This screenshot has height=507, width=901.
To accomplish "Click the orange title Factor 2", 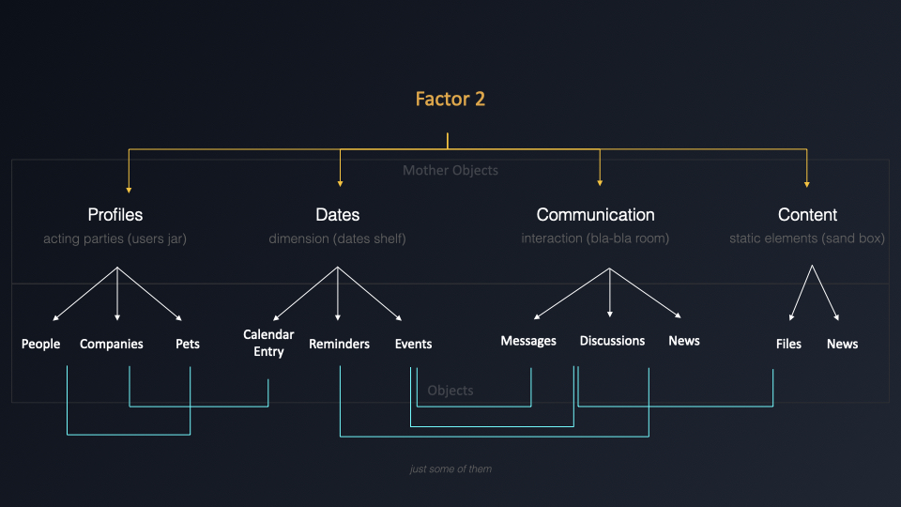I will (450, 99).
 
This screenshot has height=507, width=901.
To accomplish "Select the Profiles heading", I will (115, 215).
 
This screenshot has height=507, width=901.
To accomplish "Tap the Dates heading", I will (338, 215).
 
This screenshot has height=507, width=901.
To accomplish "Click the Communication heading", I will (595, 215).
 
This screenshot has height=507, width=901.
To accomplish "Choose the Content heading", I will (807, 215).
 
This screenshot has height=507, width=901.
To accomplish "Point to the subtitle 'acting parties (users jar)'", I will (115, 239).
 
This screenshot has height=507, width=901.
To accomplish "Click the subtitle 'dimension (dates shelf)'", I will (337, 239).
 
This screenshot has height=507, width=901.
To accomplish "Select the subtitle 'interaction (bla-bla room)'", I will (595, 239).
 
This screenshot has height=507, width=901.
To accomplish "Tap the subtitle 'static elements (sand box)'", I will (807, 239).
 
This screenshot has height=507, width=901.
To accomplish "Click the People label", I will (41, 345).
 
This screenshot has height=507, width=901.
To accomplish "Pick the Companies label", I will (112, 345).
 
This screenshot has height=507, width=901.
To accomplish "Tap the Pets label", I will (188, 345).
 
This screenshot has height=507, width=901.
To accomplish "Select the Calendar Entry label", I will (268, 343).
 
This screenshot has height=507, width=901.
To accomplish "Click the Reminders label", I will (339, 345).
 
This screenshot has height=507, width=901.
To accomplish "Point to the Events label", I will (413, 345).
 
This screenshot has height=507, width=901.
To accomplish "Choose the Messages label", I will (528, 341).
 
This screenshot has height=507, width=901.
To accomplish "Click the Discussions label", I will (612, 341).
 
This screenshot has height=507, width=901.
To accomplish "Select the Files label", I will (788, 345).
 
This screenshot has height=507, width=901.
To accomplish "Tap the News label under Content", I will (842, 345).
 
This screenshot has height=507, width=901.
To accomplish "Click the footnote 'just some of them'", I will (450, 469).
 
